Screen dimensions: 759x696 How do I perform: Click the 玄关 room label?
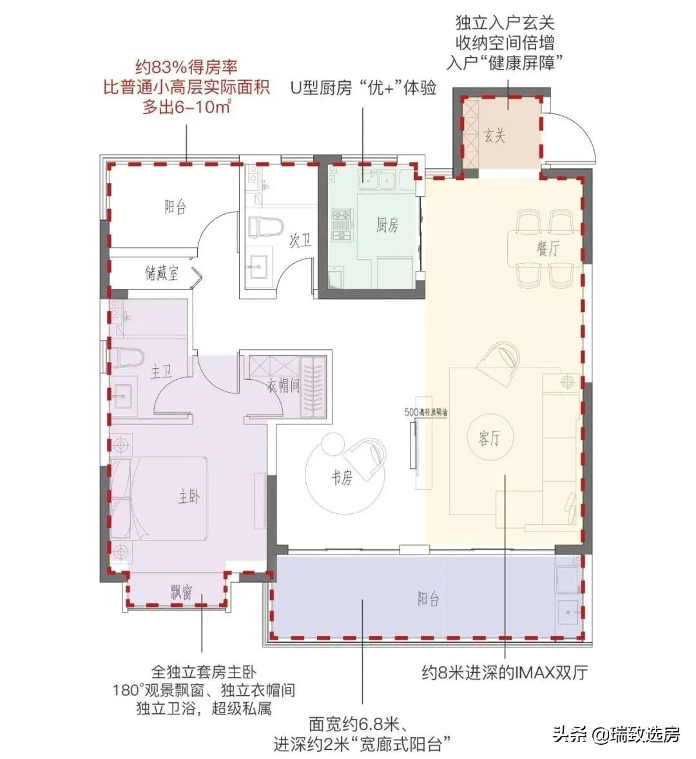tap(495, 136)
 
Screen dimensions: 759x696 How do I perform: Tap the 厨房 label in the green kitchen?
tap(387, 224)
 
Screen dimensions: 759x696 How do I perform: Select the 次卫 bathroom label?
tap(300, 241)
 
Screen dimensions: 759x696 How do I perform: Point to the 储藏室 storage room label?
tap(162, 273)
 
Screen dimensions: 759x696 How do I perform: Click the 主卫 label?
tap(161, 372)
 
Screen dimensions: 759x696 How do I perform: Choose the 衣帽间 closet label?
tap(284, 386)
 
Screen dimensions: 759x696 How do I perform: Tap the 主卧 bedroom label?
tap(189, 497)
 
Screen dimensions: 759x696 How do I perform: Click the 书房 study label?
tap(342, 478)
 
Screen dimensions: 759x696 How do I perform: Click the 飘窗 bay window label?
tap(182, 592)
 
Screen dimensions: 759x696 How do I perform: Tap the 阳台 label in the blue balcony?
tap(428, 598)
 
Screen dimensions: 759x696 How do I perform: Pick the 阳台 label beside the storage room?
tap(175, 207)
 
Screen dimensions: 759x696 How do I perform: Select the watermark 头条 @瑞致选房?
tap(616, 734)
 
